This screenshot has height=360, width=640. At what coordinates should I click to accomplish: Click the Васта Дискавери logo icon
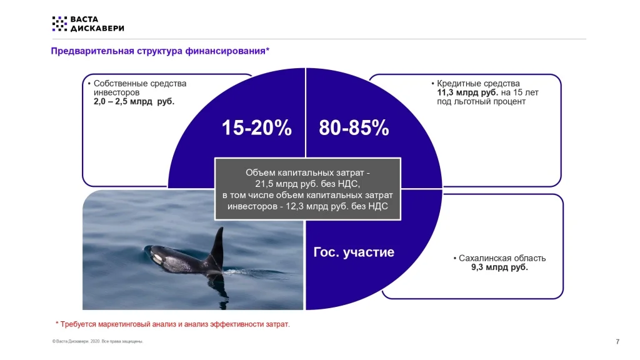coord(59,24)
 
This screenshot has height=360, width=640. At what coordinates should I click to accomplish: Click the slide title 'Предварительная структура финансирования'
coord(158,51)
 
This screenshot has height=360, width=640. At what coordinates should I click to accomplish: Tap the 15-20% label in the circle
coord(257,127)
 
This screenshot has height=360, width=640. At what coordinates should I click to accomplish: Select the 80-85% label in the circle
coord(354,127)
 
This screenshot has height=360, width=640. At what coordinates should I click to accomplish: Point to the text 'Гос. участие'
coord(354,252)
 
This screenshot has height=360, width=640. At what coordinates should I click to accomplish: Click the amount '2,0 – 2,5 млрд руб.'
coord(134,102)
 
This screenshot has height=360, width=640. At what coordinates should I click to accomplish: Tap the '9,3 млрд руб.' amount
coord(499,267)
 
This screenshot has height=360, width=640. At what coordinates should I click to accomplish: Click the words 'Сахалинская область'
coord(502,258)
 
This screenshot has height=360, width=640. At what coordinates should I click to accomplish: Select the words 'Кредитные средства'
coord(478,84)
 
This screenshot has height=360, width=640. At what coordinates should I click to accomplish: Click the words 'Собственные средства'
coord(140,84)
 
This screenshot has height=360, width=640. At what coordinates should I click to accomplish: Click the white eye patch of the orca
coord(157,258)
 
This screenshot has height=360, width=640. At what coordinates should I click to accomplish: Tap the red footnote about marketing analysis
coord(172,324)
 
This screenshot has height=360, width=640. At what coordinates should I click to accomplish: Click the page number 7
coord(617,342)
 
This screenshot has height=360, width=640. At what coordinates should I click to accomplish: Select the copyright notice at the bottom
coord(97,341)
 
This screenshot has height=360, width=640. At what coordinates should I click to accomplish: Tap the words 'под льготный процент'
coord(481,102)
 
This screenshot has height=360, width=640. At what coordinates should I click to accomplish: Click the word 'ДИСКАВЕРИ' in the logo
coord(97,28)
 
